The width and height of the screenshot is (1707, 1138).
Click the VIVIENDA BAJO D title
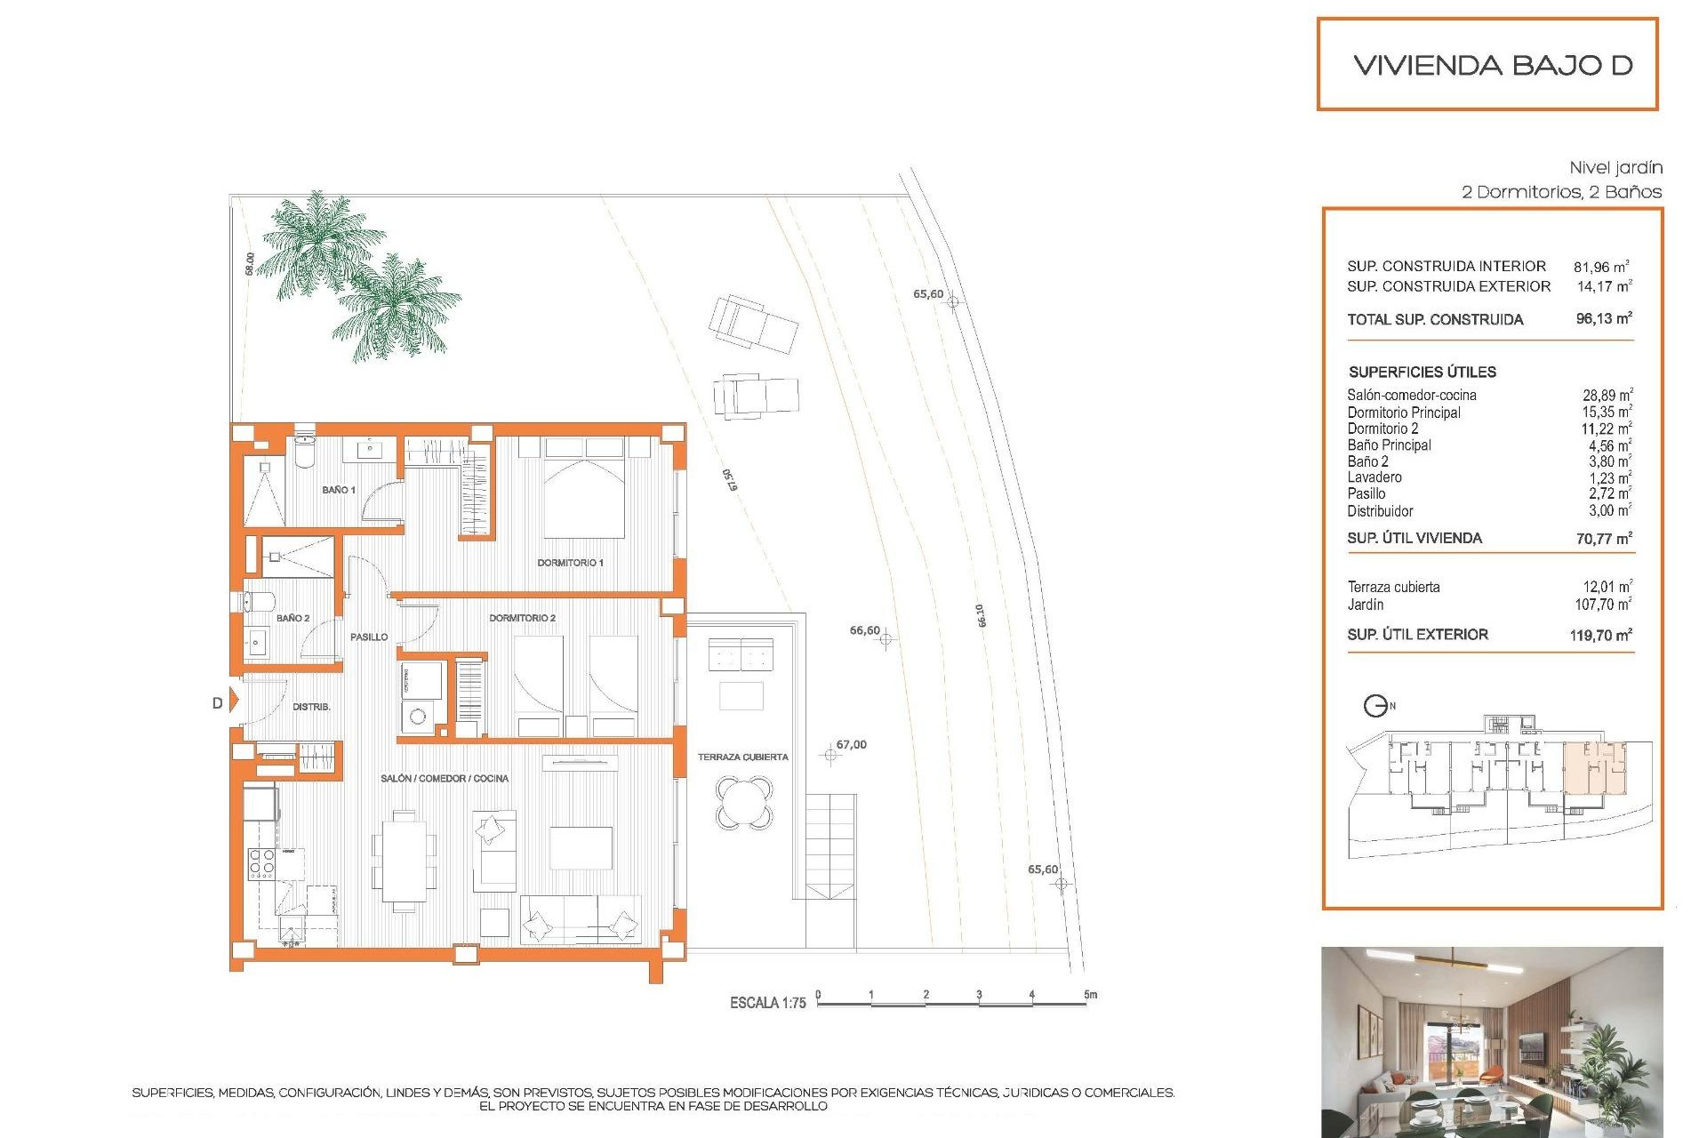pos(1493,65)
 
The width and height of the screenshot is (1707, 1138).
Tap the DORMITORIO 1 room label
pos(570,563)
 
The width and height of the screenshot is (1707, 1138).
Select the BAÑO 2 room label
pos(293,618)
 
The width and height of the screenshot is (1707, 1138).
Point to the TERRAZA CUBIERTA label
pos(742,757)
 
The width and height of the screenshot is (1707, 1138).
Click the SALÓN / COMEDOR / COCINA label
pos(445,779)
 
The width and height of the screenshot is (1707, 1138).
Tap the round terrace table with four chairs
pos(744,803)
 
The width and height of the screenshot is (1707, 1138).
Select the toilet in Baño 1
pos(304,452)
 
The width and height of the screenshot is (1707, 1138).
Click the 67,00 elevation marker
pos(830,755)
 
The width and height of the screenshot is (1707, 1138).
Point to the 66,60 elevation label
pos(864,630)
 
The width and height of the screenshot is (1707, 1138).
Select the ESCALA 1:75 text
pos(767,1003)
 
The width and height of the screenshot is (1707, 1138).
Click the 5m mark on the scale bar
pos(1089,995)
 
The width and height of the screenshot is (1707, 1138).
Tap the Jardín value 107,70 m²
pos(1603,605)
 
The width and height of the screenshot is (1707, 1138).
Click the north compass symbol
pos(1375,706)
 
